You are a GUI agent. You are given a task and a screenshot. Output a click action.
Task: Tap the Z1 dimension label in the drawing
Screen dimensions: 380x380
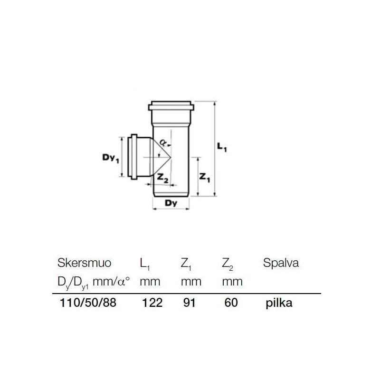click(x=205, y=177)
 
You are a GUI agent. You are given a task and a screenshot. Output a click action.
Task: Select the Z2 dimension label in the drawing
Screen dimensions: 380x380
click(x=163, y=178)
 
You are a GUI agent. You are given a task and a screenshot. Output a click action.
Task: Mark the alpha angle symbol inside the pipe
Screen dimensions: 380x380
click(x=162, y=142)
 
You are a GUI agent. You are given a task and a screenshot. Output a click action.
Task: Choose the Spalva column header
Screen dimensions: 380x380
click(x=281, y=263)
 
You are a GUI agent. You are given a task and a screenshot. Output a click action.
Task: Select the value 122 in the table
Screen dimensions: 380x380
click(x=152, y=303)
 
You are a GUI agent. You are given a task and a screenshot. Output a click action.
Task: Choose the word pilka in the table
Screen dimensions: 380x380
click(x=279, y=303)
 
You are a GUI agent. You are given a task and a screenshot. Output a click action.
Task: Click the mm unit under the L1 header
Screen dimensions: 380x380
click(x=150, y=281)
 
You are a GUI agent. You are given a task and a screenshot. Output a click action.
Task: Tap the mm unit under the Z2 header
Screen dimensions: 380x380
click(x=232, y=281)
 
